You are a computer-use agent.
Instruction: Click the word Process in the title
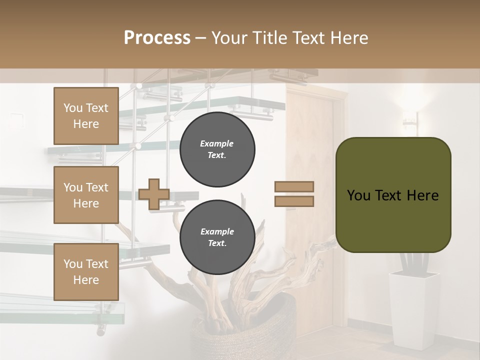pos(157,38)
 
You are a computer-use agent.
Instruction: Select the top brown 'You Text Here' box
pos(86,116)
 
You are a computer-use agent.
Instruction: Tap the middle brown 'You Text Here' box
pos(86,195)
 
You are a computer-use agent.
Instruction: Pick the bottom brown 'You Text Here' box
pos(86,272)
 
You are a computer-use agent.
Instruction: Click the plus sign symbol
pos(154,194)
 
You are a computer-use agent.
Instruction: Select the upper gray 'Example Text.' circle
pos(217,149)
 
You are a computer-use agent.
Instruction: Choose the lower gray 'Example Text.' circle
pos(217,237)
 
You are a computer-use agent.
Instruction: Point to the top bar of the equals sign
pos(294,187)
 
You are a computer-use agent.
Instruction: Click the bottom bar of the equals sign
pos(294,201)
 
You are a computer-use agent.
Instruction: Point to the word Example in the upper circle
pos(217,143)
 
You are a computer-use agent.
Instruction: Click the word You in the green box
pos(358,195)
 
